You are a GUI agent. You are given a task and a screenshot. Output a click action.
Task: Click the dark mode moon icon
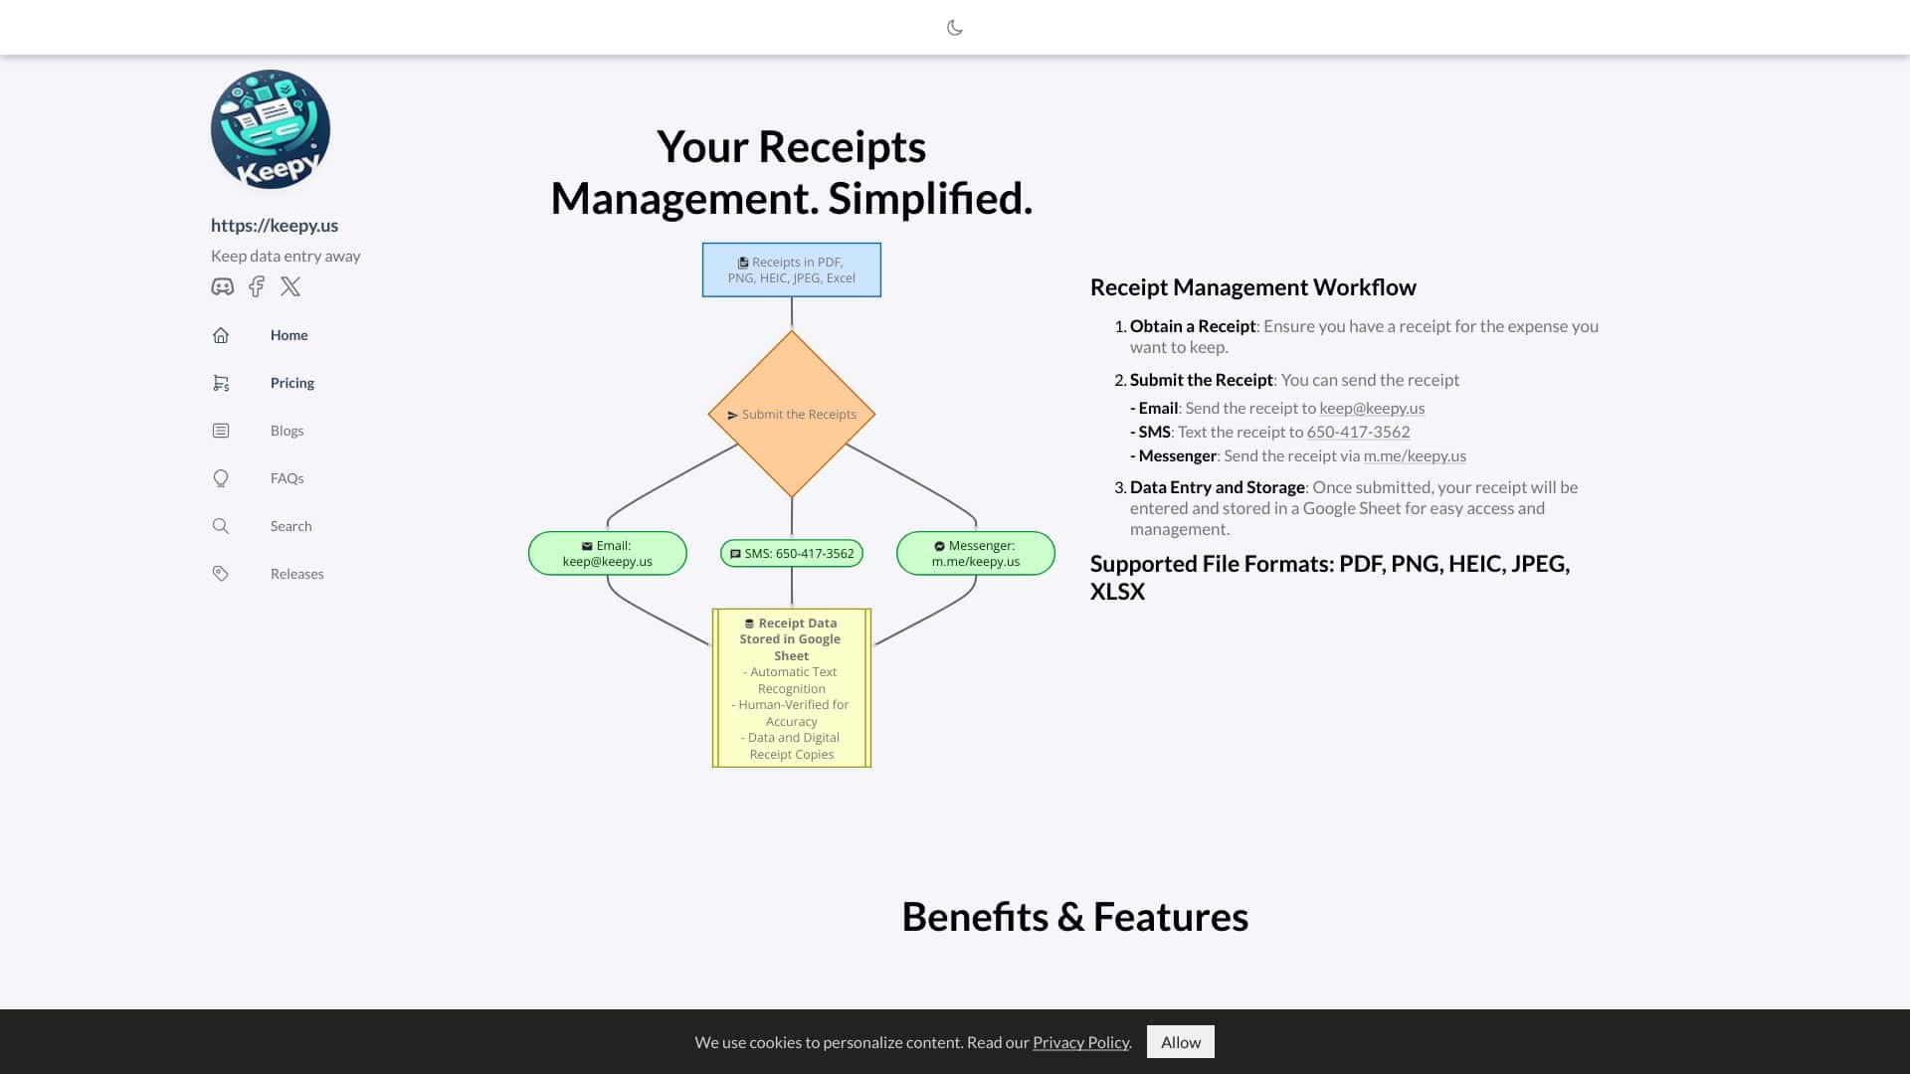(x=954, y=28)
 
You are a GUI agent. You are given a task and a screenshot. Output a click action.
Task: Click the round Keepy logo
(x=271, y=129)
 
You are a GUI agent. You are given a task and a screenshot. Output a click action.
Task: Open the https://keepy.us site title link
(x=275, y=226)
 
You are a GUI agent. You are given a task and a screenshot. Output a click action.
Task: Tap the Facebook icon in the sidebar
(x=257, y=286)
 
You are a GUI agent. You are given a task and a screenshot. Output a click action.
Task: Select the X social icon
(x=290, y=286)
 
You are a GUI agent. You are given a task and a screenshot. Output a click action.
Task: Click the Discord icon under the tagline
(x=222, y=286)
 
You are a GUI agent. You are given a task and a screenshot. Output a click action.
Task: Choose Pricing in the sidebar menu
(x=291, y=383)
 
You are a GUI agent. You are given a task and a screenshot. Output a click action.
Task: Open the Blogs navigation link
(x=286, y=431)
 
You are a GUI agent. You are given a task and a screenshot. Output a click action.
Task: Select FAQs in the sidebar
(x=286, y=478)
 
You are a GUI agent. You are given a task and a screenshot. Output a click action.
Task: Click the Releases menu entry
(x=296, y=574)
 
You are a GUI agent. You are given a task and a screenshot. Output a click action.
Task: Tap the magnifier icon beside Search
(x=221, y=526)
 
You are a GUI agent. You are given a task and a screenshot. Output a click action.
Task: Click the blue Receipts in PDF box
(x=792, y=269)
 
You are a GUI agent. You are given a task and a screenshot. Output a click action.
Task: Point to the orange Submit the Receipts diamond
(x=792, y=414)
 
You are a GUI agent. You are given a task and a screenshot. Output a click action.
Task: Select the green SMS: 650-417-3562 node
(x=792, y=553)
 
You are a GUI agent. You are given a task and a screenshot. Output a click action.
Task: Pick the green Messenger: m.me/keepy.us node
(x=976, y=553)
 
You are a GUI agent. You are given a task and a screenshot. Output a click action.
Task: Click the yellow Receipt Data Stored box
(x=792, y=688)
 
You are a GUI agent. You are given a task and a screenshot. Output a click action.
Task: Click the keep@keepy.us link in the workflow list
(x=1372, y=408)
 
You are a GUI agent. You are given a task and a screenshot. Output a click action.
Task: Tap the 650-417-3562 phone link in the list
(x=1358, y=432)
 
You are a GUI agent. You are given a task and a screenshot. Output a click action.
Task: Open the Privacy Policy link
(x=1080, y=1042)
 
